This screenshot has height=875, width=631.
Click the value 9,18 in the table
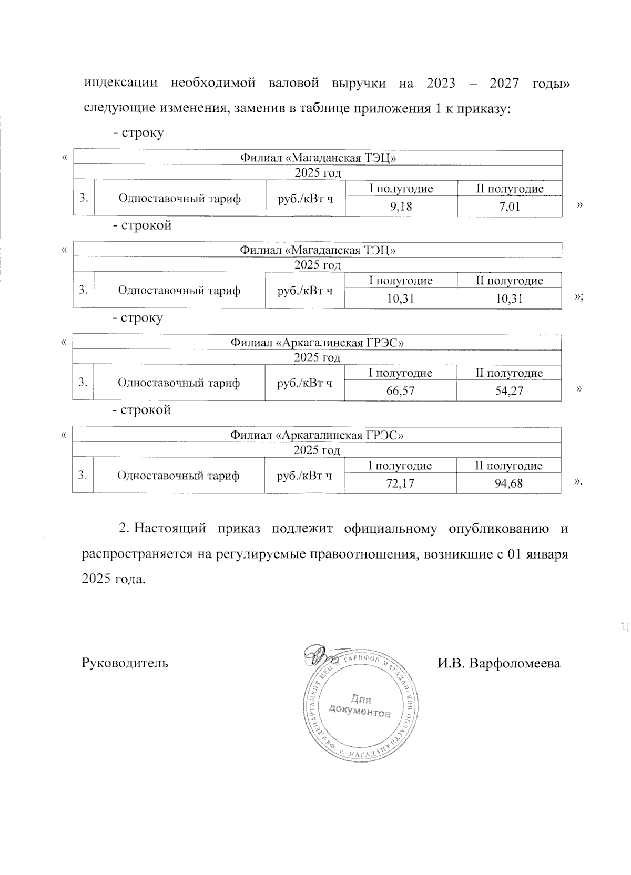point(401,207)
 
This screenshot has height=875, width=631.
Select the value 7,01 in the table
point(510,207)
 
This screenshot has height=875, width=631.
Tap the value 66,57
point(400,391)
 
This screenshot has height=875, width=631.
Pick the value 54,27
point(509,391)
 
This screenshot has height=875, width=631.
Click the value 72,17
point(400,483)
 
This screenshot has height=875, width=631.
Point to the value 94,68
point(508,483)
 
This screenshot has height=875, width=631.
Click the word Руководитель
point(125,663)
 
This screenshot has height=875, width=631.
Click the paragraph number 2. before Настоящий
point(124,529)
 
